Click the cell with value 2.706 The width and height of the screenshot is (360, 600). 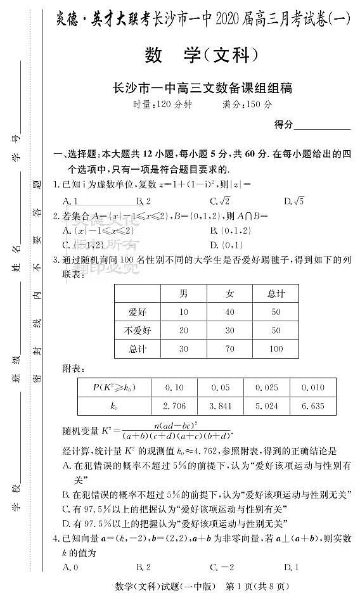[x=174, y=405]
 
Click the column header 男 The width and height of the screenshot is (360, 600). [x=184, y=293]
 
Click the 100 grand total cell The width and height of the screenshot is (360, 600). [x=276, y=348]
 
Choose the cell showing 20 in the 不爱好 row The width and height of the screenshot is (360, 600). [x=184, y=330]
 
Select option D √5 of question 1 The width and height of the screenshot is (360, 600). [x=294, y=201]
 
